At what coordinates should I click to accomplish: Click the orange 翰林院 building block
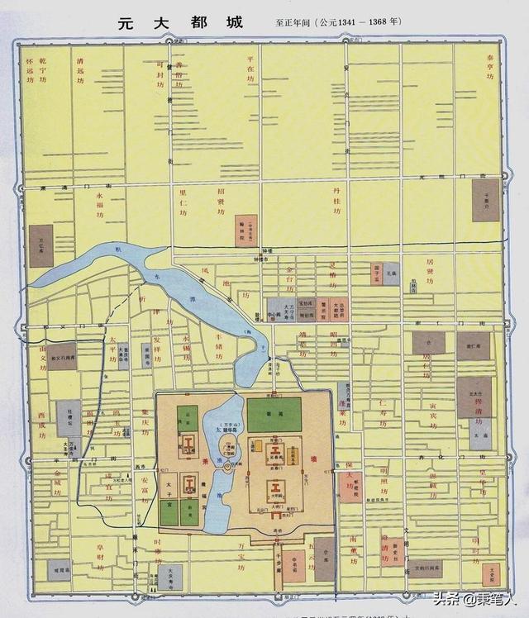click(x=245, y=231)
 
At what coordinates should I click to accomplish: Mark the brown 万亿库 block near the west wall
click(x=41, y=246)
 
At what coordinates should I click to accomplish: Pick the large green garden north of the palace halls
click(x=274, y=414)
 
